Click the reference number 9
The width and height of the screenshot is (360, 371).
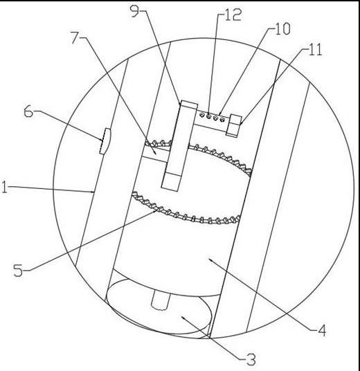[x=135, y=10]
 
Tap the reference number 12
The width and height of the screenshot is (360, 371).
[x=233, y=15]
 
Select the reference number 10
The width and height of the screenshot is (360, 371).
[x=282, y=29]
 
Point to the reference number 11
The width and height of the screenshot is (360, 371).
[x=315, y=49]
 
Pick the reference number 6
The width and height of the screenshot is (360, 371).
[x=28, y=111]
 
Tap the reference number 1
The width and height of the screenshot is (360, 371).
[x=4, y=187]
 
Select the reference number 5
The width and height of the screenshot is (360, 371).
[x=18, y=270]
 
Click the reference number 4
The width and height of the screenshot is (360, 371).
[x=322, y=330]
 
